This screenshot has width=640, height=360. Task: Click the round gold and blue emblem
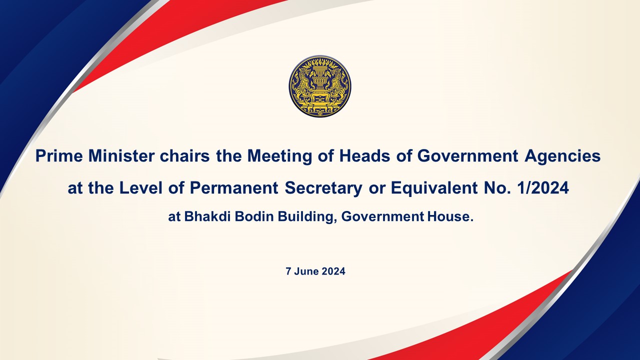(319, 86)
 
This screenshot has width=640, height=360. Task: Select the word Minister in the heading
(121, 156)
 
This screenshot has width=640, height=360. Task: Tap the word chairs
(184, 156)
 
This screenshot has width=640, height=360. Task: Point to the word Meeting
(279, 157)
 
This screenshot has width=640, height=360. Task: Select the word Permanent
(234, 188)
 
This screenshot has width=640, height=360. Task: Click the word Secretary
(323, 188)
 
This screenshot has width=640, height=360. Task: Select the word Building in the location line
(306, 217)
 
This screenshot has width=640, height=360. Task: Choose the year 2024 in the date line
(333, 271)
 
